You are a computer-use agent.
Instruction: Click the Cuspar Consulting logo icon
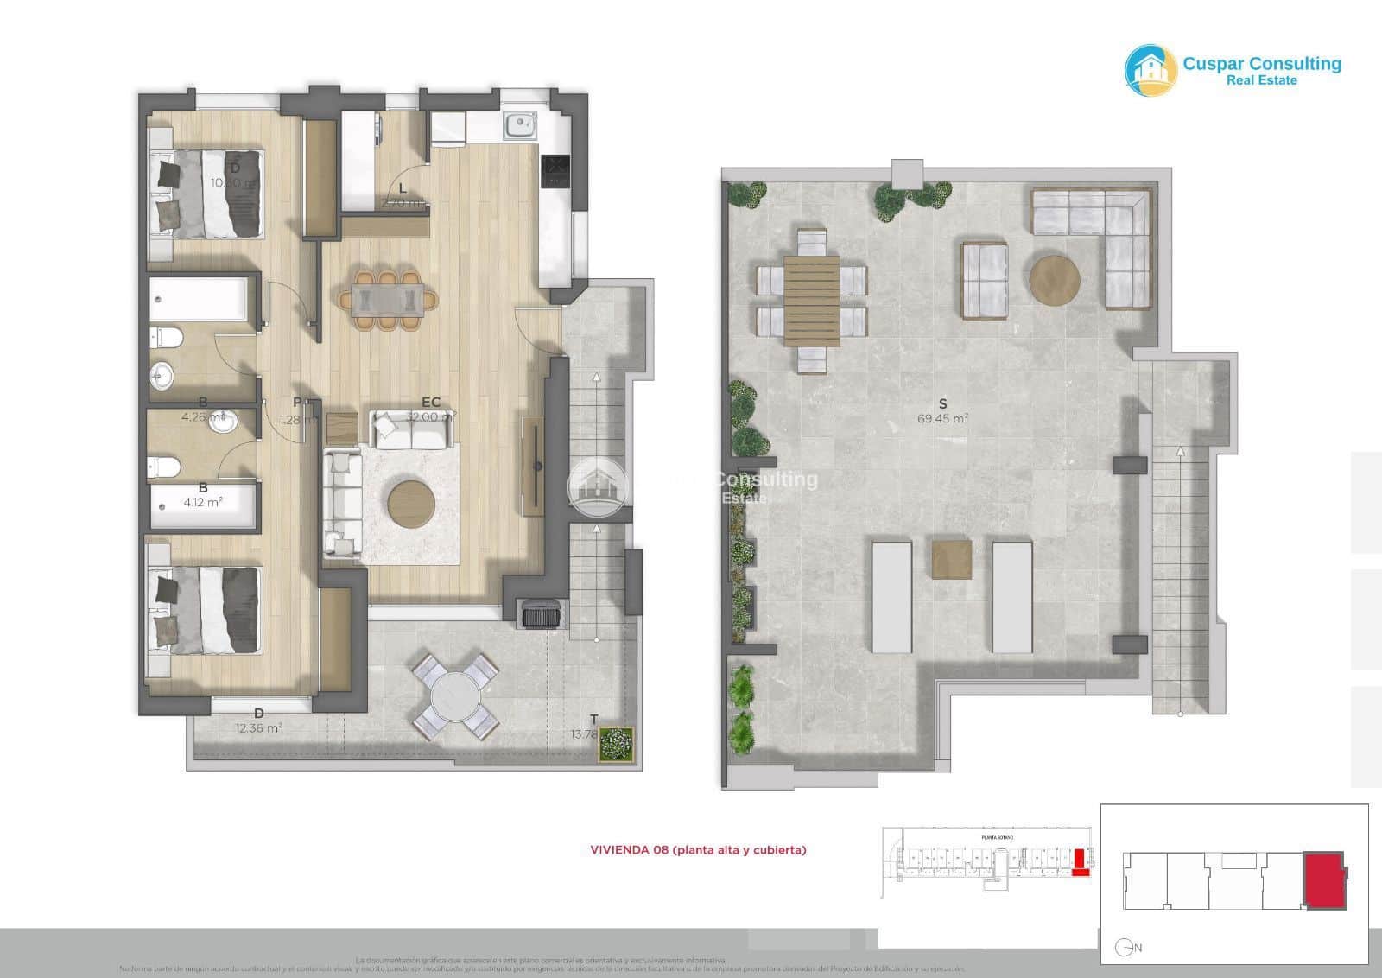pyautogui.click(x=1151, y=70)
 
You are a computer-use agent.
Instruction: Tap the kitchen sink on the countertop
pyautogui.click(x=521, y=126)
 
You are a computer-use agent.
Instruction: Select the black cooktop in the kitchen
pyautogui.click(x=555, y=170)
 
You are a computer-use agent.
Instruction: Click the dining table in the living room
pyautogui.click(x=386, y=300)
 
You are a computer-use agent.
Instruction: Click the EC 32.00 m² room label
pyautogui.click(x=431, y=409)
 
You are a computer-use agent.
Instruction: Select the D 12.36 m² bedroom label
pyautogui.click(x=258, y=721)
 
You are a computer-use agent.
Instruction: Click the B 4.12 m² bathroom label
pyautogui.click(x=203, y=495)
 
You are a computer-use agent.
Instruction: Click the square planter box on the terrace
pyautogui.click(x=616, y=744)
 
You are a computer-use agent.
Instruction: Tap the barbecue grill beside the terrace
pyautogui.click(x=540, y=614)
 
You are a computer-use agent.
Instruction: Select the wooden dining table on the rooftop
pyautogui.click(x=812, y=300)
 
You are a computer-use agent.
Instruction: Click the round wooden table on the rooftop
pyautogui.click(x=1054, y=279)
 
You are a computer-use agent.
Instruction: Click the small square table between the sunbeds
pyautogui.click(x=951, y=559)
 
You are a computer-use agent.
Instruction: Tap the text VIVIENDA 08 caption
pyautogui.click(x=698, y=850)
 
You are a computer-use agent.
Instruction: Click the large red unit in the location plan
pyautogui.click(x=1324, y=880)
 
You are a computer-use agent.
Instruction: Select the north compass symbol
pyautogui.click(x=1124, y=948)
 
